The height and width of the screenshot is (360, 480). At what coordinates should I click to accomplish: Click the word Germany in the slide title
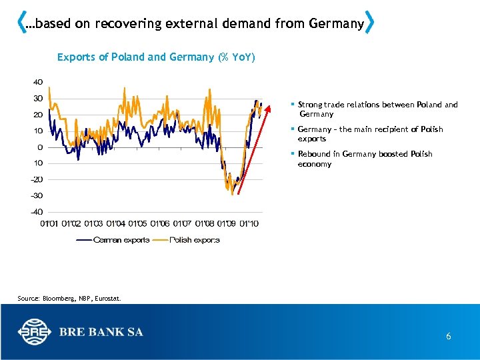[x=336, y=24]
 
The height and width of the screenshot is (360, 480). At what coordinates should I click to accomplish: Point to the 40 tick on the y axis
[x=38, y=82]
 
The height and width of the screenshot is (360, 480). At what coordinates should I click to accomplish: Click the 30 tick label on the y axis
[x=38, y=98]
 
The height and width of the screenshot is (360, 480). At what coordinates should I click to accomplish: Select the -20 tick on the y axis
[x=37, y=179]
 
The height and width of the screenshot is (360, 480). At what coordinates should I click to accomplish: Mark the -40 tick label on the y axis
[x=37, y=211]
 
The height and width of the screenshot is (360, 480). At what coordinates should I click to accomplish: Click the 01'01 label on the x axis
[x=49, y=223]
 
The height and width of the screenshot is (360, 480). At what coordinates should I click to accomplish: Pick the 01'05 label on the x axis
[x=137, y=223]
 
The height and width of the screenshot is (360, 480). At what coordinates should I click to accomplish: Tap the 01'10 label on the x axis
[x=249, y=223]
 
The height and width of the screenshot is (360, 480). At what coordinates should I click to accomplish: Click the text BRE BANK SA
[x=101, y=332]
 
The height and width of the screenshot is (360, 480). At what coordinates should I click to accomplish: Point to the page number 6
[x=449, y=337]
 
